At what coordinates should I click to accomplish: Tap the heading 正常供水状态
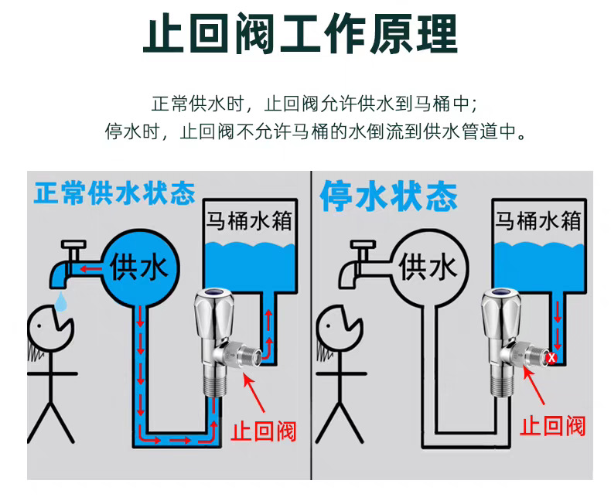click(x=114, y=193)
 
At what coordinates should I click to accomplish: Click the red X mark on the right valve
click(x=551, y=358)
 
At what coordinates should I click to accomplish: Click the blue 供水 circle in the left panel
click(x=139, y=268)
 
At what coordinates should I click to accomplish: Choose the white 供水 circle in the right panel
click(x=428, y=268)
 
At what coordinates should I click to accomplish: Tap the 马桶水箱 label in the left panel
click(x=248, y=220)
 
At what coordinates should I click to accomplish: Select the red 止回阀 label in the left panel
click(x=265, y=429)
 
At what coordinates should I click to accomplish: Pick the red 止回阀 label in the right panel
click(x=552, y=424)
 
